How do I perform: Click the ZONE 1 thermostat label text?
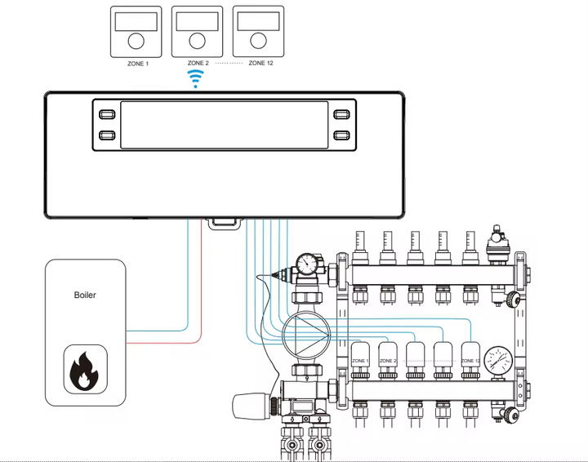[138, 64]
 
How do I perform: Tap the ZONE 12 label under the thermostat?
[261, 63]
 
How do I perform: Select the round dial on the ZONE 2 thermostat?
[197, 41]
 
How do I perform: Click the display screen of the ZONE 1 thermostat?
[136, 22]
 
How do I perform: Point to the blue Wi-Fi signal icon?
[195, 78]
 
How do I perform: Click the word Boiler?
[85, 295]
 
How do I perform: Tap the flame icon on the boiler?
[85, 369]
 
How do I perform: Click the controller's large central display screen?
[225, 125]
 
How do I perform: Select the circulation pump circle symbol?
[306, 335]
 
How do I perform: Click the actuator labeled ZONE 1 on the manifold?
[360, 361]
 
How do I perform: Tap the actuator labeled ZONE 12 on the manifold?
[470, 361]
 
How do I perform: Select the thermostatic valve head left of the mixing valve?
[252, 405]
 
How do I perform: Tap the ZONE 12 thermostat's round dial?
[258, 41]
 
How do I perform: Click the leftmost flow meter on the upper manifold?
[360, 247]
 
